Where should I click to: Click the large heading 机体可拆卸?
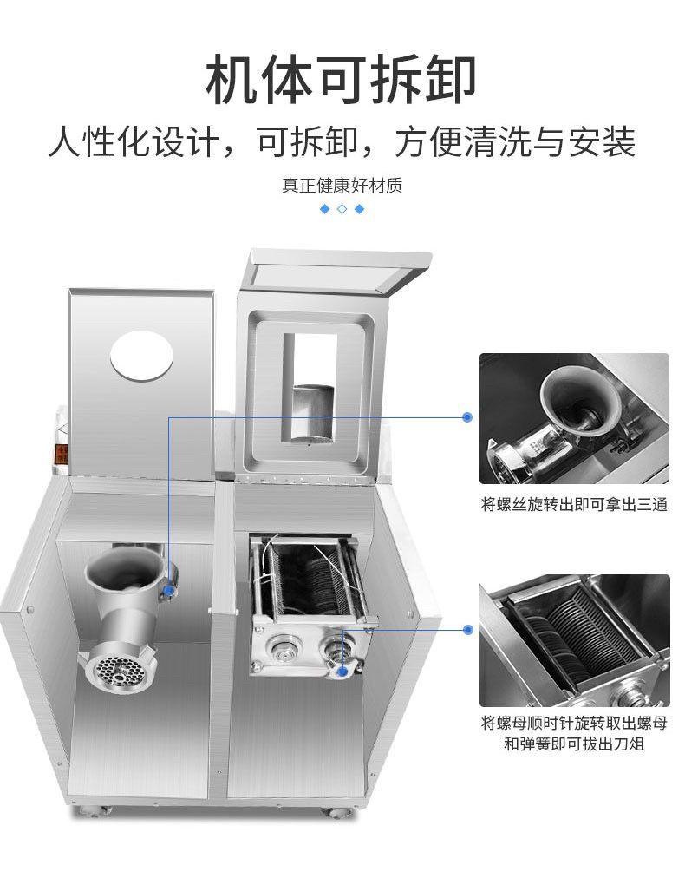pos(342,79)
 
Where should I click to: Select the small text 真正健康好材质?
pos(342,186)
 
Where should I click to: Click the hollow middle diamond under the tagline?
pos(342,209)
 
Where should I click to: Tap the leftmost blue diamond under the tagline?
pos(325,209)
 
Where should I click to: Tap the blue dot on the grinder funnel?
pos(169,591)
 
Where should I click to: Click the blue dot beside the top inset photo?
pos(467,417)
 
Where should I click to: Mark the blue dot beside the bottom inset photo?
pos(467,630)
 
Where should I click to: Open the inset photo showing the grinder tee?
pos(574,418)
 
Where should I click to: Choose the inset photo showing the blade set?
pos(574,640)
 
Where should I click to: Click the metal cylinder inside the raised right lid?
pos(311,411)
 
